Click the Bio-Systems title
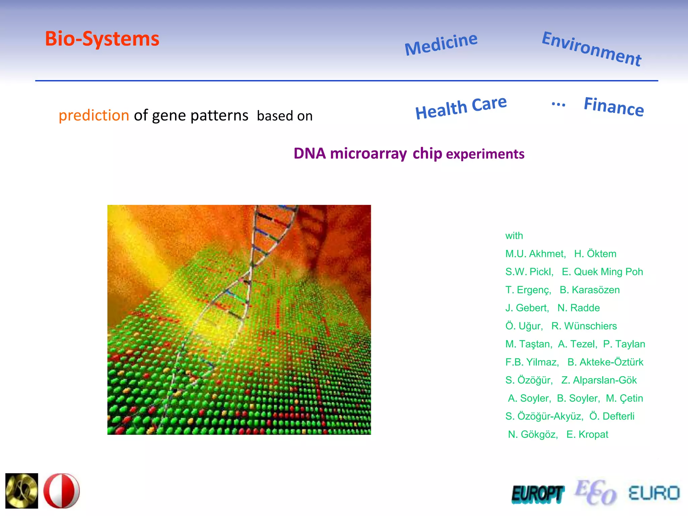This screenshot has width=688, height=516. [102, 39]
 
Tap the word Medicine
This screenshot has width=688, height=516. [441, 44]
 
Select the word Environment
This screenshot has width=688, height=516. [592, 49]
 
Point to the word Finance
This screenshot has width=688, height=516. [614, 106]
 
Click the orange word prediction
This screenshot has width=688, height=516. [94, 116]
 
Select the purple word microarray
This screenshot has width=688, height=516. [368, 154]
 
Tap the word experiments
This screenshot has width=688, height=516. [485, 154]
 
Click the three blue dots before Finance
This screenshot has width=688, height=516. [558, 104]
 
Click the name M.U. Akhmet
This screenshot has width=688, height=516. [535, 254]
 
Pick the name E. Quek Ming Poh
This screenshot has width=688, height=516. [602, 272]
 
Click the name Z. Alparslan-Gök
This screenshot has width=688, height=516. [599, 380]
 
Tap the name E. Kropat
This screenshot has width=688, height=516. [587, 434]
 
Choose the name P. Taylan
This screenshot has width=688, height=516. [624, 344]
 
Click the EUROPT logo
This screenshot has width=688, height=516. [537, 494]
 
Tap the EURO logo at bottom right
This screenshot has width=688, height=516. [654, 493]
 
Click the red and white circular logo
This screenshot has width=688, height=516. [61, 491]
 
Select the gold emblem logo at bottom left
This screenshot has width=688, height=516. [22, 491]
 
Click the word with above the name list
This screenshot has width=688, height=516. [514, 236]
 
